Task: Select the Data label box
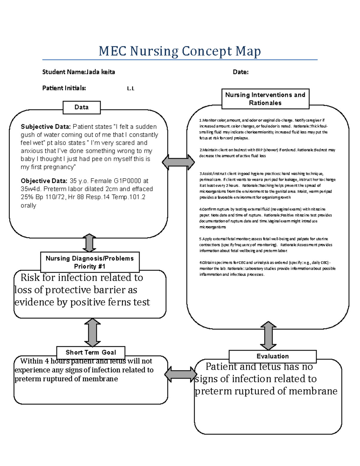click(81, 107)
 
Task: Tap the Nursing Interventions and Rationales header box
click(265, 99)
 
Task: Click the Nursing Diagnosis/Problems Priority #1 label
click(90, 262)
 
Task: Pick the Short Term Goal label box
click(91, 352)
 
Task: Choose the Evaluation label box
click(272, 356)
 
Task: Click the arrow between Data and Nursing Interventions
click(178, 162)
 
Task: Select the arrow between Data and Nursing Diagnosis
click(89, 243)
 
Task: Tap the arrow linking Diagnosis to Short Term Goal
click(92, 332)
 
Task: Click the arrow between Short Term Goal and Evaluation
click(181, 374)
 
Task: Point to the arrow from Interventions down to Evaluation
click(268, 335)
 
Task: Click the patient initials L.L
click(130, 89)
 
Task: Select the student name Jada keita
click(100, 72)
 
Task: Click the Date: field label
click(241, 72)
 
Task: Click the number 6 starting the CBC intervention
click(200, 263)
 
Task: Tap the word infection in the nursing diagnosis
click(79, 278)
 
